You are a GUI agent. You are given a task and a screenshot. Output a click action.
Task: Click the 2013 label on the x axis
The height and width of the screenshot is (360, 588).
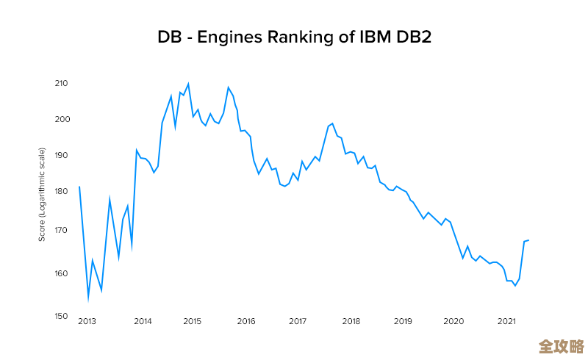click(87, 321)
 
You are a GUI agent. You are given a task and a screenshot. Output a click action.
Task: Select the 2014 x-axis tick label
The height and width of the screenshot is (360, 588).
click(143, 321)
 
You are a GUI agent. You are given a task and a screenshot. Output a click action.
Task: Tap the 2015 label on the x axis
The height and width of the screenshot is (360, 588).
click(193, 321)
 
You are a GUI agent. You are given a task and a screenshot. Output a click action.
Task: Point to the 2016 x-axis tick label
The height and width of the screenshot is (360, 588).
click(246, 321)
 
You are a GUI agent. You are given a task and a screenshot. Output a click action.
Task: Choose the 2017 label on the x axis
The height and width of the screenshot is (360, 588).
click(298, 321)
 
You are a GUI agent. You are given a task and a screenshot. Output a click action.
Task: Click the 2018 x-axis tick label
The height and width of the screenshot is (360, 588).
click(351, 321)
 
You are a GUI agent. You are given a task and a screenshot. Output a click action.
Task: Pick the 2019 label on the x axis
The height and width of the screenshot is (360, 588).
click(403, 321)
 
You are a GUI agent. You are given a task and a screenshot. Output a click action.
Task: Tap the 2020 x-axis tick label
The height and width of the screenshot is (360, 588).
click(454, 321)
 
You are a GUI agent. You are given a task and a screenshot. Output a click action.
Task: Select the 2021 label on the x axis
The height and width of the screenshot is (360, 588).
click(506, 321)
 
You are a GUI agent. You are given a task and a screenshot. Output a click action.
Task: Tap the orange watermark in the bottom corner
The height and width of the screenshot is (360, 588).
click(561, 346)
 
